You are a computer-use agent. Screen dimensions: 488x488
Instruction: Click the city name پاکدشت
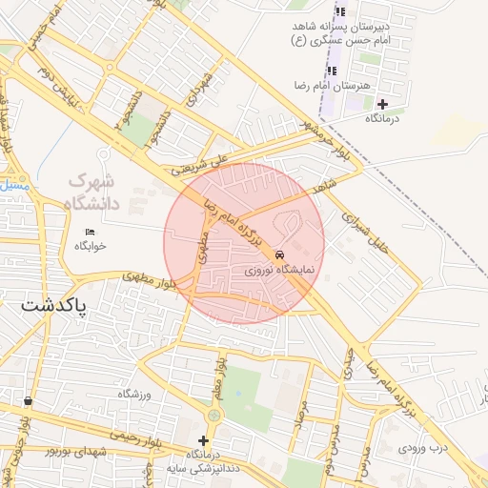pyautogui.click(x=54, y=306)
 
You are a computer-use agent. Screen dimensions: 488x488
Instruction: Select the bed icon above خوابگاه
pyautogui.click(x=91, y=232)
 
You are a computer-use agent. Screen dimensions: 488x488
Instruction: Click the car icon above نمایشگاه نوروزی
pyautogui.click(x=279, y=255)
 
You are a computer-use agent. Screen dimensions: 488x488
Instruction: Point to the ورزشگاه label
pyautogui.click(x=134, y=394)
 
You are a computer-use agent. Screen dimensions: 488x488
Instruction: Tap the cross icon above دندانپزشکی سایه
pyautogui.click(x=202, y=440)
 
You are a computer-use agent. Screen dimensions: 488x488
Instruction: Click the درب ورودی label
pyautogui.click(x=422, y=446)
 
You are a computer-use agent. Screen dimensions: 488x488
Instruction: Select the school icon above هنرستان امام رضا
pyautogui.click(x=332, y=71)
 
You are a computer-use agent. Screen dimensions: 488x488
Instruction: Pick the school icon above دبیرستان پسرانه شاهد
pyautogui.click(x=340, y=12)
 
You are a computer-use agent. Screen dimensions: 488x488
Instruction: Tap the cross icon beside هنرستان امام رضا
pyautogui.click(x=383, y=103)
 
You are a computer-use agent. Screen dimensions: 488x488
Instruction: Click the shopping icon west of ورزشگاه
pyautogui.click(x=27, y=401)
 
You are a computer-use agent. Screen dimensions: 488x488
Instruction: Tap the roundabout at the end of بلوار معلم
pyautogui.click(x=213, y=415)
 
